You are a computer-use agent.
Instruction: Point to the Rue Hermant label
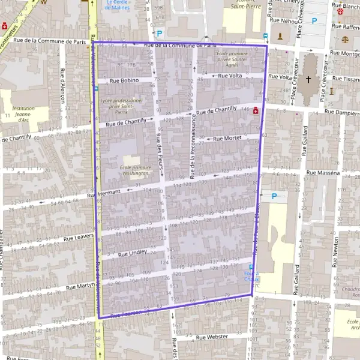click(x=104, y=193)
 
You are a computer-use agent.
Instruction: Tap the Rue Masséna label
click(x=323, y=173)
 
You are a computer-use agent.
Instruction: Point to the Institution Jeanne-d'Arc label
click(x=24, y=114)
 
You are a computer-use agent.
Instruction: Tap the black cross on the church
click(x=309, y=79)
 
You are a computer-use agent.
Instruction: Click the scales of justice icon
click(x=345, y=38)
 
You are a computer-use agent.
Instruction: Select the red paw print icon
click(x=341, y=11)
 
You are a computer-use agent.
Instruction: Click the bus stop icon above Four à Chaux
click(x=251, y=267)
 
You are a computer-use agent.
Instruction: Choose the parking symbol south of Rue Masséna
click(x=274, y=196)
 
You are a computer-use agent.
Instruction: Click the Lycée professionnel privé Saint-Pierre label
click(x=121, y=106)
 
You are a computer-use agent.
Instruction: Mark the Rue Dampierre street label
click(x=342, y=112)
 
